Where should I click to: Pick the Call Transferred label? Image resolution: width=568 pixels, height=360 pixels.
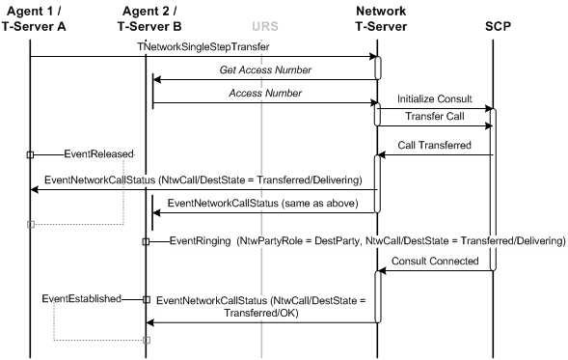tap(435, 146)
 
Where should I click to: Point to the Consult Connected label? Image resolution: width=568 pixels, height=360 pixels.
tap(435, 262)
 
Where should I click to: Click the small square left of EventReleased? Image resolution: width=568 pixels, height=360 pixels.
tap(30, 154)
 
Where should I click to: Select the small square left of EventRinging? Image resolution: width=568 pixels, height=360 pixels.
tap(146, 241)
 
